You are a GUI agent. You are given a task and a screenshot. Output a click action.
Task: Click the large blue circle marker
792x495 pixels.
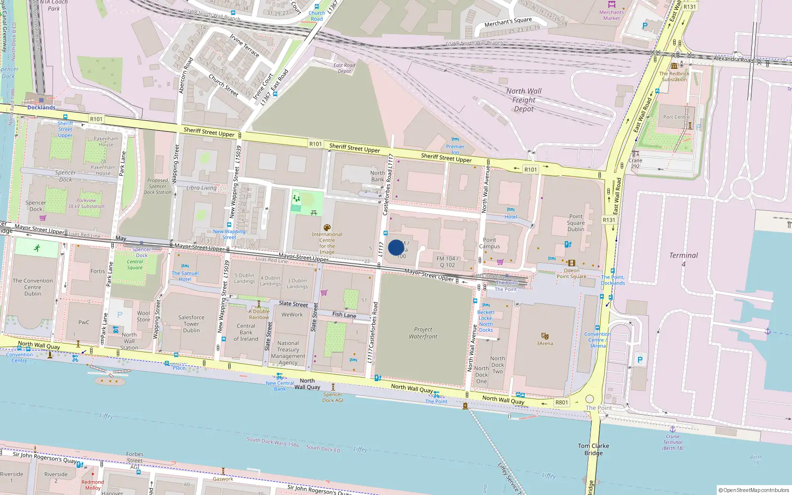point(396,247)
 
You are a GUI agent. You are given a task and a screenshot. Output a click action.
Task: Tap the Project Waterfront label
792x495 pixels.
point(423,333)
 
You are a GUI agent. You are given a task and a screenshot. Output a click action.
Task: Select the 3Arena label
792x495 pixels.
point(544,343)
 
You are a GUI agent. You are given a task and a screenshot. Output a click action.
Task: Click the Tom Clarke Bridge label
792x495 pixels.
point(593,449)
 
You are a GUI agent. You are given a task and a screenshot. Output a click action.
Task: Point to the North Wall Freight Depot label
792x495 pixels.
point(524,99)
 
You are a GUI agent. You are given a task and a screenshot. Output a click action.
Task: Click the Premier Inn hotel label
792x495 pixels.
point(455,149)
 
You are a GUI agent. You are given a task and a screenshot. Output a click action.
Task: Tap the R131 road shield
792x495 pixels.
point(609,220)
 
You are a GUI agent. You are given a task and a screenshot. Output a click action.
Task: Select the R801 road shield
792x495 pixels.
point(561,402)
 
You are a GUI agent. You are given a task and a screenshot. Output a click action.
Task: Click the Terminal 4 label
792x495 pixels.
point(683,259)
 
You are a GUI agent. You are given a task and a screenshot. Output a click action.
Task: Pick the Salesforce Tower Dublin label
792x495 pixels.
point(191,324)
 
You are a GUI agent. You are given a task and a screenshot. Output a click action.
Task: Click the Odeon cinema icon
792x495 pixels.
point(571,263)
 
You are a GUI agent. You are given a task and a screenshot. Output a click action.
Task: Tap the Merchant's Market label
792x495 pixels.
point(611,15)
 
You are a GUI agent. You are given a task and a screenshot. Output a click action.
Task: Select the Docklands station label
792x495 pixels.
point(41,107)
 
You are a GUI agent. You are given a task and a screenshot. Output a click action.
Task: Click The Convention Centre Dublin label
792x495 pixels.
point(33,287)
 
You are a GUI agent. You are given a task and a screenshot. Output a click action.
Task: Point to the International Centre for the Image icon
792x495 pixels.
point(327,228)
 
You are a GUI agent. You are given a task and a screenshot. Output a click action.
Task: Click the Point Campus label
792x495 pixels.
point(490,243)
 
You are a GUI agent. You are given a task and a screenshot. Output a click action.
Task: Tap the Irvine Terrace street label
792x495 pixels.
point(244,45)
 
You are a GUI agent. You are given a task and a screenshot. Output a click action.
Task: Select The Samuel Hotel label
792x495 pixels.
point(185,276)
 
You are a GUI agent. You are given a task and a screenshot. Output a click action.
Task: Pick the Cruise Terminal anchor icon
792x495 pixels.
point(672,429)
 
